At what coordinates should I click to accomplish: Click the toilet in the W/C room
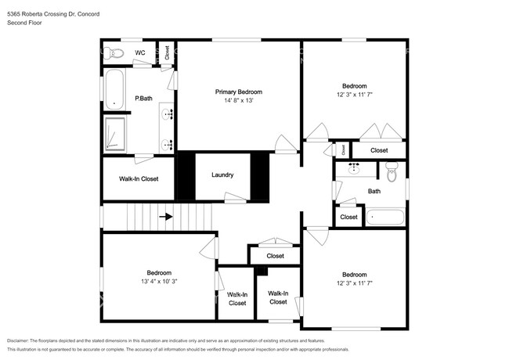click(114, 53)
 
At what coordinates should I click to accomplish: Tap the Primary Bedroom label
click(239, 92)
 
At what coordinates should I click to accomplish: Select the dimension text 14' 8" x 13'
click(239, 100)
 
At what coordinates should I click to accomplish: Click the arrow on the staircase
click(166, 216)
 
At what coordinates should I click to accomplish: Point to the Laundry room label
click(222, 175)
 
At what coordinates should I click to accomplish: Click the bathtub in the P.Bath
click(114, 89)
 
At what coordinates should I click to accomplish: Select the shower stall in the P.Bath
click(115, 134)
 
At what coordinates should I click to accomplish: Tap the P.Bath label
click(143, 99)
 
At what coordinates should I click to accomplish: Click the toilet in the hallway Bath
click(392, 171)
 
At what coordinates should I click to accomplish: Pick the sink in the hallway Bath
click(353, 168)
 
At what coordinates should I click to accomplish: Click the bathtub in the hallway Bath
click(385, 217)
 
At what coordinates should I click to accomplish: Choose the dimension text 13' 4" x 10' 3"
click(159, 282)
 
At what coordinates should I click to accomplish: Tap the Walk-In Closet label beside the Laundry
click(139, 178)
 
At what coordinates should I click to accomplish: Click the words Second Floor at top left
click(24, 23)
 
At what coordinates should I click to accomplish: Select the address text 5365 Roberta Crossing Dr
click(41, 14)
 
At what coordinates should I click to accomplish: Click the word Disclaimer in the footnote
click(18, 341)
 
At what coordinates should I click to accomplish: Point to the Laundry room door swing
click(235, 197)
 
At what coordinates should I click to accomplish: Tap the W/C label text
click(140, 53)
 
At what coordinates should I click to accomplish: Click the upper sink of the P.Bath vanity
click(167, 114)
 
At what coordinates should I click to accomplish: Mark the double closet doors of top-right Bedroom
click(381, 131)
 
